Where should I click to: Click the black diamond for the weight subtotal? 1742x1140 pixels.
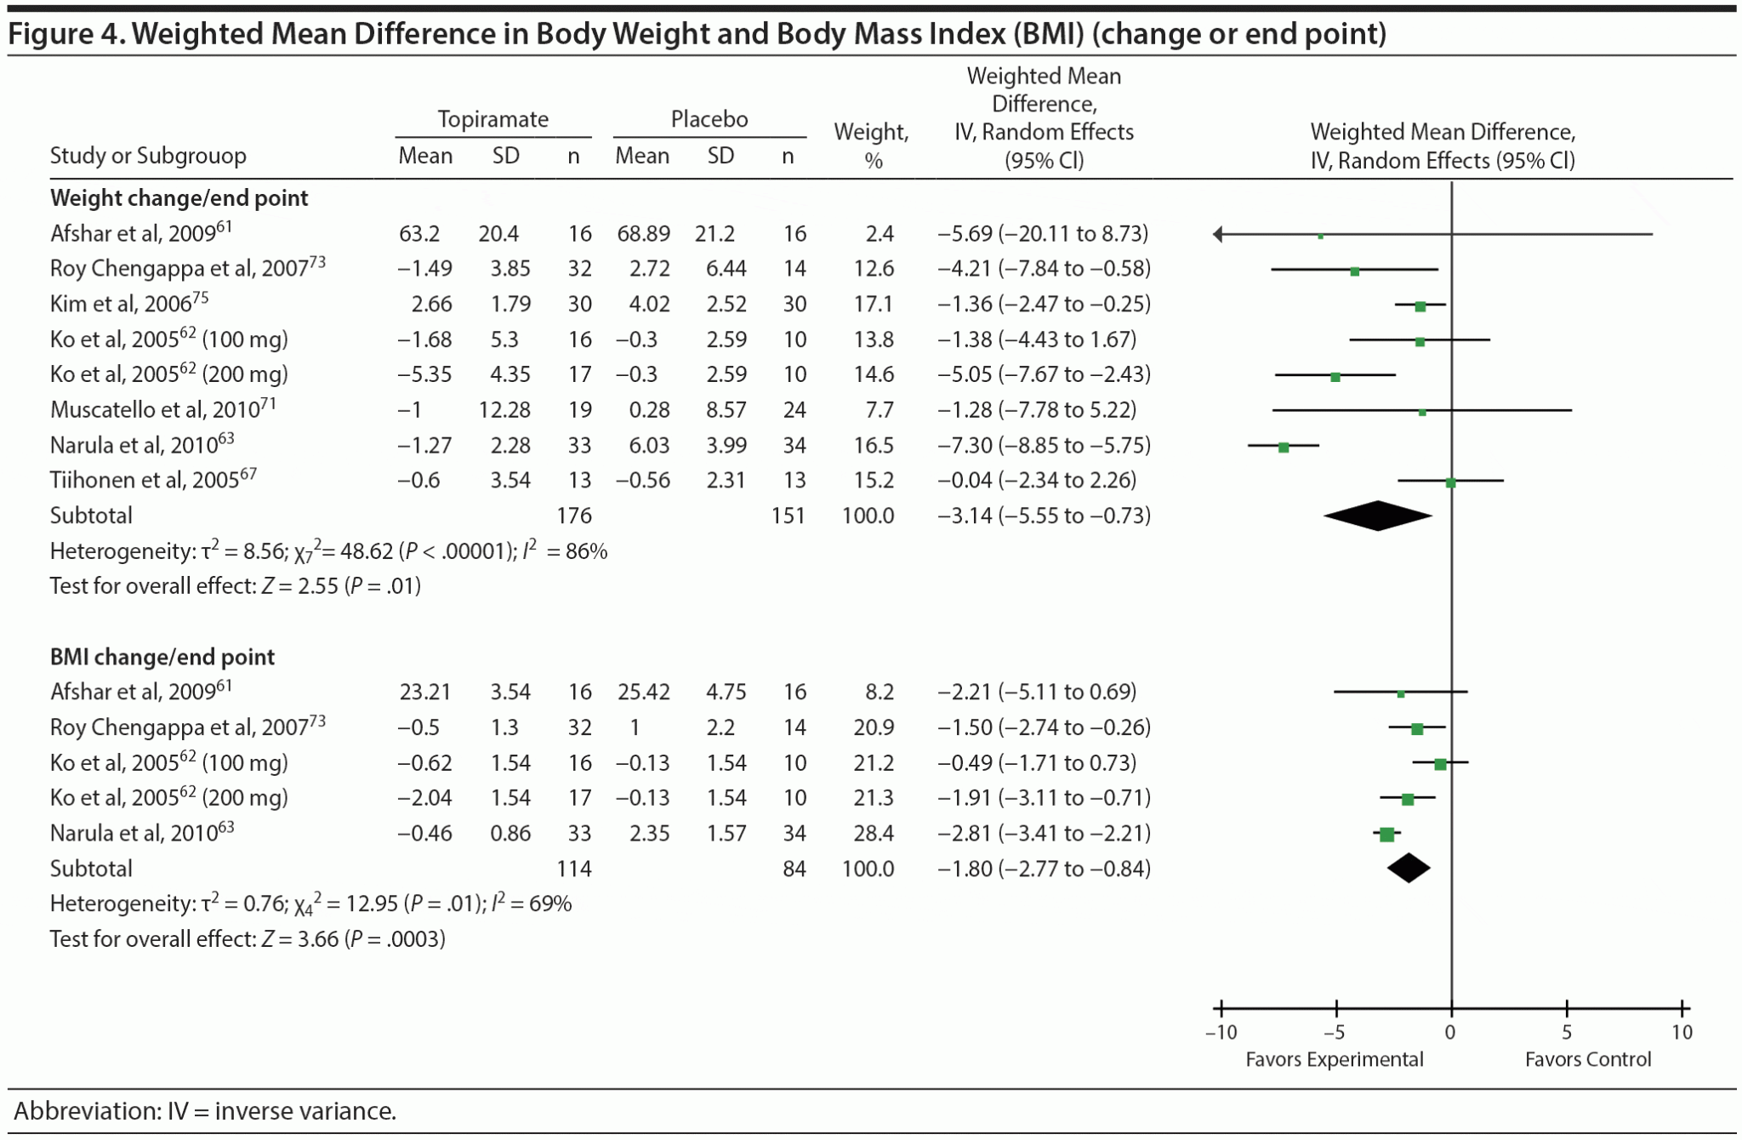click(1378, 516)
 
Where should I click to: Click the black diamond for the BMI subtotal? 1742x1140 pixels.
click(1409, 868)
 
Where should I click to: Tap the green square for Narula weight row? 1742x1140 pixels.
click(1284, 447)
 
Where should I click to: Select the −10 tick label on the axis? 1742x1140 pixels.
click(1221, 1033)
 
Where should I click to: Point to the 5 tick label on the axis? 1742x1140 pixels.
click(1567, 1033)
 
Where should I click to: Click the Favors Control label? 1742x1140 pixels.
click(1587, 1059)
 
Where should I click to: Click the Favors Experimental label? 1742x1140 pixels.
click(1334, 1059)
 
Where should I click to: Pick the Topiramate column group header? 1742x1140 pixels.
click(492, 119)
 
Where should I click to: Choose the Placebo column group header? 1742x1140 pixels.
click(709, 119)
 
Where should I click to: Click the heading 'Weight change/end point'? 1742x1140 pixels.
click(179, 198)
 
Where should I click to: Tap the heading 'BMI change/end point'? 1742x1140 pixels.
click(162, 657)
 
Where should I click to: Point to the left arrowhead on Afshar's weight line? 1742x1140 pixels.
click(1218, 234)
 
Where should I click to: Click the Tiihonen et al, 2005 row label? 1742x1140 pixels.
click(153, 480)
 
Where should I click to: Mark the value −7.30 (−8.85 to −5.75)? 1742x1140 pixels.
click(1044, 445)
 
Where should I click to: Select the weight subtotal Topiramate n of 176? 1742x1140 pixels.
click(573, 516)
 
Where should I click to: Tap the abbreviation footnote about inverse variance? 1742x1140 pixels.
click(205, 1111)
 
